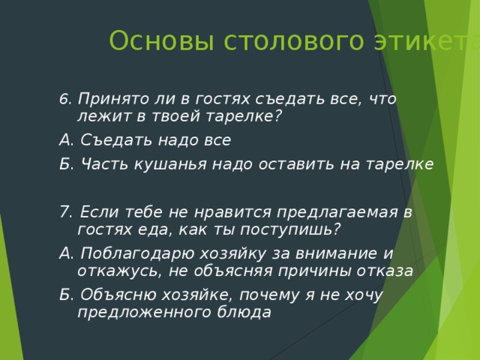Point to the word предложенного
click(142, 312)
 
